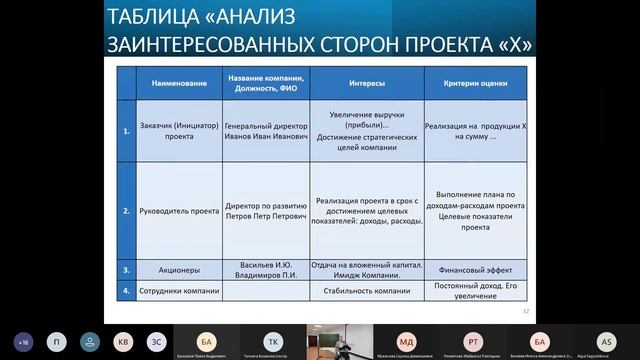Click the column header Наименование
[167, 82]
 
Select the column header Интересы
[367, 82]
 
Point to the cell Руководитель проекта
[167, 212]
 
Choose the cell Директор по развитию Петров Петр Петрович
[264, 212]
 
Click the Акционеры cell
[167, 269]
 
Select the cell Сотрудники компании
[167, 292]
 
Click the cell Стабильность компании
[367, 292]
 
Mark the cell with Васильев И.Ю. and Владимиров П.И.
[264, 269]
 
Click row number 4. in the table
[125, 292]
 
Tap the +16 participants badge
[23, 340]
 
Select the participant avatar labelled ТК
[271, 340]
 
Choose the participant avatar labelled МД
[405, 340]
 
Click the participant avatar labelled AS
[605, 340]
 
